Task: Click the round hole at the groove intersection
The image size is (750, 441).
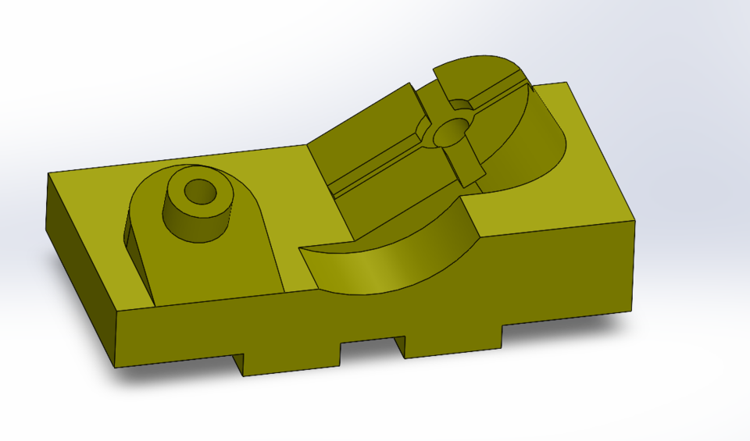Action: (x=449, y=133)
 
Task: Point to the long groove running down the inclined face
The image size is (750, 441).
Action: (x=375, y=169)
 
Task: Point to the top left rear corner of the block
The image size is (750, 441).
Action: (x=50, y=173)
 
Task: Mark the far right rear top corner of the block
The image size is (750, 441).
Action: (x=567, y=82)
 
